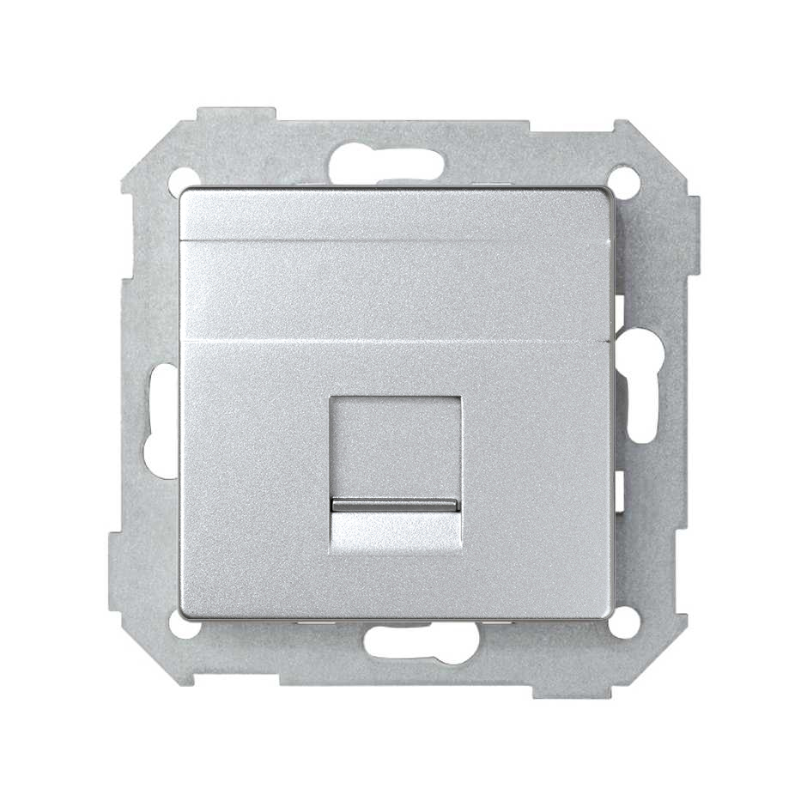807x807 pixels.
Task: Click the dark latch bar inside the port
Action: [395, 505]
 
